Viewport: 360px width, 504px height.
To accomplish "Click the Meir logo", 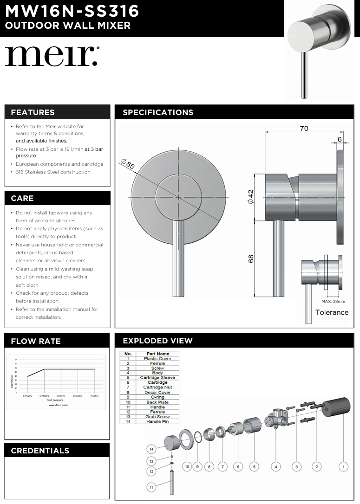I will coord(52,56).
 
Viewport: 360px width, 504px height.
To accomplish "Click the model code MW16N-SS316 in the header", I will coord(72,11).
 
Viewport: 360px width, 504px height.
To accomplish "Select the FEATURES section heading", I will coord(33,112).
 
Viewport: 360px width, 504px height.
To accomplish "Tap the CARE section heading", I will coord(22,198).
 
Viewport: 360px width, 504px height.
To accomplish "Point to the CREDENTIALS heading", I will coord(40,451).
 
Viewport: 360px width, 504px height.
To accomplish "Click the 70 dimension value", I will coord(304,129).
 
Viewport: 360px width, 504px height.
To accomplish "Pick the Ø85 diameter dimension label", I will coord(127,164).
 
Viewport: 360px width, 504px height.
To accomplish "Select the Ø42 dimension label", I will coord(250,197).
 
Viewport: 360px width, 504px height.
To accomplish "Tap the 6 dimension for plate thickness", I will coord(340,139).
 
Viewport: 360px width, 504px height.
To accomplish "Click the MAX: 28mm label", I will coord(333,301).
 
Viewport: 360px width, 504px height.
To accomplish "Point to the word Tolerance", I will coord(332,312).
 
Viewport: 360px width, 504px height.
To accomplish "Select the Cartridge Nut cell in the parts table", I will coord(157,388).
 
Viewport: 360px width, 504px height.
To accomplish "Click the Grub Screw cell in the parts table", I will coord(157,417).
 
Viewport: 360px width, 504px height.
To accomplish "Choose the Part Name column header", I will coord(157,354).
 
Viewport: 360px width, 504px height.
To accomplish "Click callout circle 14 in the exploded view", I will coord(151,449).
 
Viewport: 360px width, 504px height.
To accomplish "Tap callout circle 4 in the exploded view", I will coord(276,466).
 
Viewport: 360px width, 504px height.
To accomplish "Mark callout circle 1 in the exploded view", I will coord(344,466).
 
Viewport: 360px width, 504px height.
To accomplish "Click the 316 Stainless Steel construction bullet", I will coord(53,172).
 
